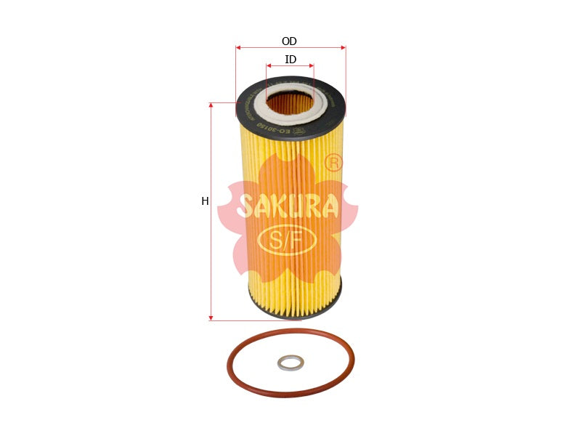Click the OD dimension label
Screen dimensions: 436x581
point(289,41)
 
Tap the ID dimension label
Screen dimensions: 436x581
point(290,60)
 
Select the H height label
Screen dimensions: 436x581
point(205,201)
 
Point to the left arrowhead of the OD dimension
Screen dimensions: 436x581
point(238,48)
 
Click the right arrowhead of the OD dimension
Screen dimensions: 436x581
point(343,48)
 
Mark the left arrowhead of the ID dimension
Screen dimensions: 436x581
point(269,65)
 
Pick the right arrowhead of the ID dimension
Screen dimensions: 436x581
point(312,65)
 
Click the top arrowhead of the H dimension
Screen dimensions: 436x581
point(211,105)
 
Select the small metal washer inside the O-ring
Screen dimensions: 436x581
point(290,362)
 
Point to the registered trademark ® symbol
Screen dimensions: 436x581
point(333,163)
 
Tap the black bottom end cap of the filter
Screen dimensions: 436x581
point(294,311)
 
